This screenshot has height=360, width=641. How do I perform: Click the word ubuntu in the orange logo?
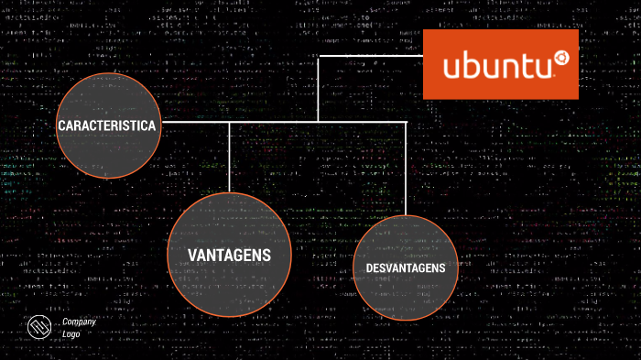coord(495,67)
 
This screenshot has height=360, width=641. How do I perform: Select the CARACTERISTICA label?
coord(108,125)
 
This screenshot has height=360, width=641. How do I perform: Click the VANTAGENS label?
coord(230,254)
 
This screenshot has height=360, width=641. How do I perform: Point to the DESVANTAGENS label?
coord(405,267)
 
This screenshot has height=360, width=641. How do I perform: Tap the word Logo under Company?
coord(71,334)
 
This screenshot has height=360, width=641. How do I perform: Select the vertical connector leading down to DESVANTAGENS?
coord(406,169)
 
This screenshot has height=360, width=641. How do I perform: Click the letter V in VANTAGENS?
coord(193,254)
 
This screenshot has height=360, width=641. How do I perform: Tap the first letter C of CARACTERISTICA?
coord(60,125)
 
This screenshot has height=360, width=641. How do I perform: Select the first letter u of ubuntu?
coord(451,68)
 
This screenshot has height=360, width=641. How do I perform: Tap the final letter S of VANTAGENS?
coord(266,254)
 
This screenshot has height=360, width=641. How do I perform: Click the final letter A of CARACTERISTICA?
coord(157,125)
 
